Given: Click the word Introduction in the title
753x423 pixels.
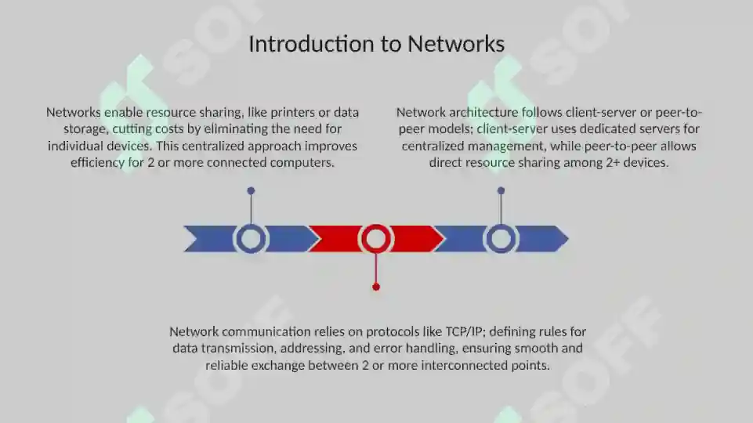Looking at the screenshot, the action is (311, 44).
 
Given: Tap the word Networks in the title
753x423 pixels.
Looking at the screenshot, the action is (456, 44).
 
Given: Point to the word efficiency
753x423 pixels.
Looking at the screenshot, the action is (97, 163).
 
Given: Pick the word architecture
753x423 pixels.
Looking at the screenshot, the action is (483, 112).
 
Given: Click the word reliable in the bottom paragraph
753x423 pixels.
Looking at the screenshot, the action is (226, 366).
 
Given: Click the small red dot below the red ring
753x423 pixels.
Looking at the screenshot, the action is (376, 287).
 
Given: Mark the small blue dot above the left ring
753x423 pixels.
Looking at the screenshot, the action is (251, 190).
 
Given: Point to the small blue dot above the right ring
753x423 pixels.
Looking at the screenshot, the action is (501, 190).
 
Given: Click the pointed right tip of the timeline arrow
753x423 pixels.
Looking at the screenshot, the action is (569, 239).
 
